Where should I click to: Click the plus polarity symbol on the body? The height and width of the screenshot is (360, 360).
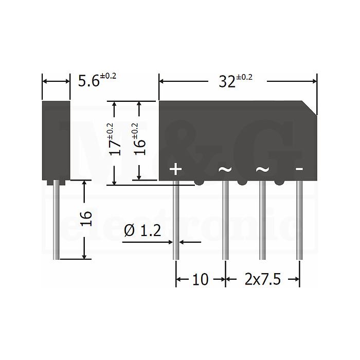click(x=176, y=169)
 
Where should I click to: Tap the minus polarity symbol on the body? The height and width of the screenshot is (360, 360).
click(x=299, y=169)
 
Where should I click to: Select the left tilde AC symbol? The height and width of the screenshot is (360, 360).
click(x=225, y=169)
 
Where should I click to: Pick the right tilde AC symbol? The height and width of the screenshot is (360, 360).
click(x=262, y=169)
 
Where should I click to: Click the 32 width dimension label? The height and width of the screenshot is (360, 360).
click(x=236, y=81)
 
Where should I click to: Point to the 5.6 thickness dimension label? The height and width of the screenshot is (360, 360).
click(x=97, y=80)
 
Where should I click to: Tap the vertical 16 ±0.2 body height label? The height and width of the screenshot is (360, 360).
click(x=140, y=139)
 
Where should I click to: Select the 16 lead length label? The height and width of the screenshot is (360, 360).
click(x=87, y=219)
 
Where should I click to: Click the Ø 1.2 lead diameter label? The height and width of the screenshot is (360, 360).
click(x=142, y=230)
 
